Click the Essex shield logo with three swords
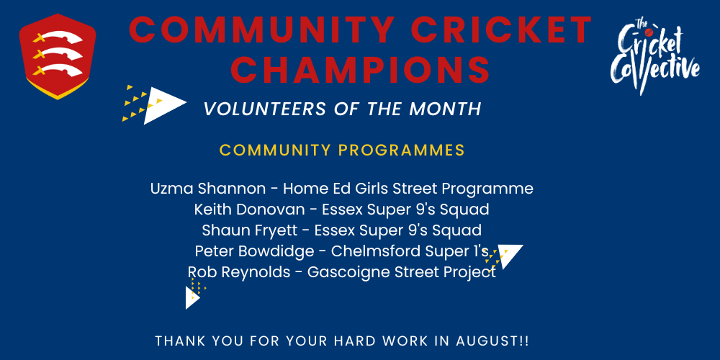click(58, 57)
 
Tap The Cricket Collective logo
click(655, 56)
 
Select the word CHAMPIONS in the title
click(361, 69)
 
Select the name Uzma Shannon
click(208, 189)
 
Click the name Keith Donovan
click(249, 210)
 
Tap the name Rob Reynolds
click(239, 272)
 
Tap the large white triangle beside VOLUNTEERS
click(161, 105)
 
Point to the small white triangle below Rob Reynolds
click(192, 297)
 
